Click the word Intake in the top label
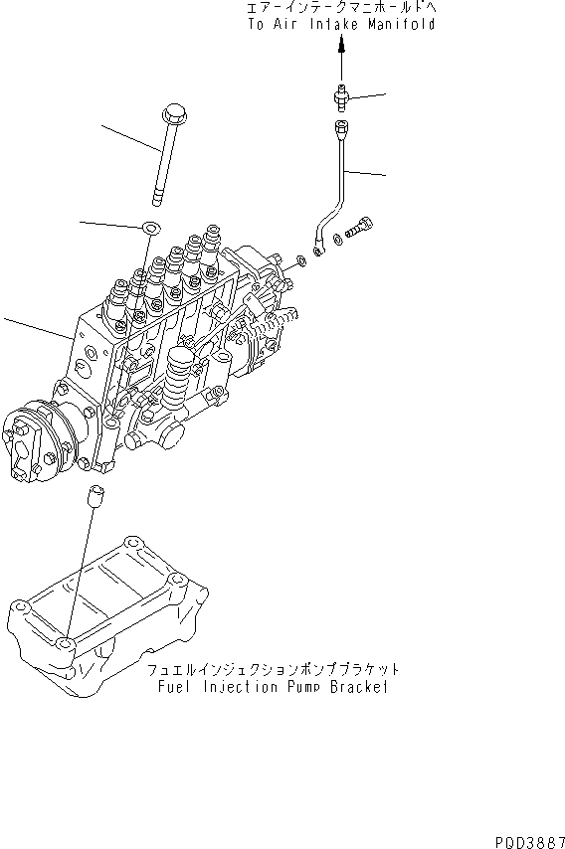332,24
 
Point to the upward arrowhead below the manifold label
342,46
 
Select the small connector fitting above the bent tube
342,96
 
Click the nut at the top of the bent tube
342,127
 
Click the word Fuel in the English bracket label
175,686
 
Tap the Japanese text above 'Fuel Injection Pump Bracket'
271,670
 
